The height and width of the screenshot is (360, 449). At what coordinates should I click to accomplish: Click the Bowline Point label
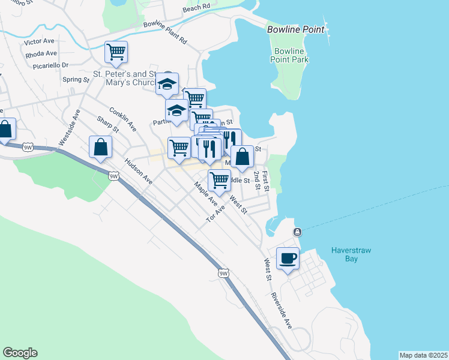click(x=296, y=29)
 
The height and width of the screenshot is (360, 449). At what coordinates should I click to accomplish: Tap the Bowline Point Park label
click(x=290, y=55)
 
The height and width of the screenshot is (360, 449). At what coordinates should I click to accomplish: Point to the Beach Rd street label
click(x=196, y=8)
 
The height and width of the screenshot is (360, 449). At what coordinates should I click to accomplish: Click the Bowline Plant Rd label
click(x=165, y=33)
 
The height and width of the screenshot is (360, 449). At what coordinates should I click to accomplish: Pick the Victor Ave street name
click(x=39, y=42)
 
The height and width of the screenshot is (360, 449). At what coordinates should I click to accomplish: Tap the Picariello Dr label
click(x=51, y=65)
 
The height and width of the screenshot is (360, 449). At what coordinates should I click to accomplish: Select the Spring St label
click(x=76, y=79)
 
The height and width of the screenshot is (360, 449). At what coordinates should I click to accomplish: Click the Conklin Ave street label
click(x=122, y=119)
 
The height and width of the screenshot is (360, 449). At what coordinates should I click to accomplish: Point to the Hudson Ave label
click(x=139, y=171)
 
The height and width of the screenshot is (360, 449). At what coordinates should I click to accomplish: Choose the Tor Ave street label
click(x=215, y=214)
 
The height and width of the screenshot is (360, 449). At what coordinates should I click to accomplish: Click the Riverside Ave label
click(x=281, y=310)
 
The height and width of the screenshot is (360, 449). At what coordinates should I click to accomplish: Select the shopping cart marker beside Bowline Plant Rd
click(x=116, y=52)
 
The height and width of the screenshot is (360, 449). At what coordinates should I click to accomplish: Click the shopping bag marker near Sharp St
click(x=101, y=147)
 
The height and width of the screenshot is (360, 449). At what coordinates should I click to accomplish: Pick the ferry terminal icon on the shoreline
click(x=297, y=232)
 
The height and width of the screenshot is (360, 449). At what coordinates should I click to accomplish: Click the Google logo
click(x=20, y=353)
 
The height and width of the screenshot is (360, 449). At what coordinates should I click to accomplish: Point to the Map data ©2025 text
click(x=423, y=355)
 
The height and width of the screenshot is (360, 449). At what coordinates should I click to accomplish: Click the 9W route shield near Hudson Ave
click(x=113, y=176)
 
